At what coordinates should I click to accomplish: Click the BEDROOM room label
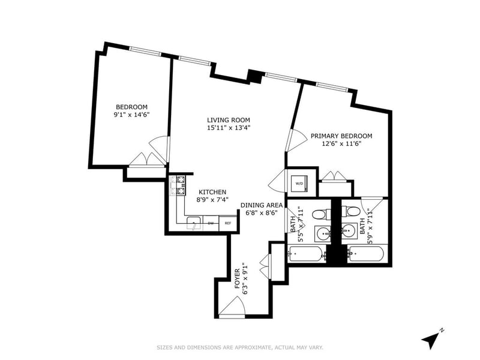[131, 107]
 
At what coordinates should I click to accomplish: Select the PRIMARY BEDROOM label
[341, 136]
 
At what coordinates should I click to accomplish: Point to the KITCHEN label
[212, 192]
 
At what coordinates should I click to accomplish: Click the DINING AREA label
[262, 205]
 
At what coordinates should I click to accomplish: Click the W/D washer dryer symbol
[298, 182]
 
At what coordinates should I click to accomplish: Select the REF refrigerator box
[228, 223]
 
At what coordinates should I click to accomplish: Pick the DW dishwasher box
[211, 223]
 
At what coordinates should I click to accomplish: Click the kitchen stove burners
[179, 185]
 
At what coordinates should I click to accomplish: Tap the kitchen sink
[193, 223]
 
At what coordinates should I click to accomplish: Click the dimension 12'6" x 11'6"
[341, 144]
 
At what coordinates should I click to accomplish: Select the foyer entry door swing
[232, 307]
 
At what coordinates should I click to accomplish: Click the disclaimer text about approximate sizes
[239, 347]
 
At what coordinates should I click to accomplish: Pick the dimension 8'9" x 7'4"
[212, 200]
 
